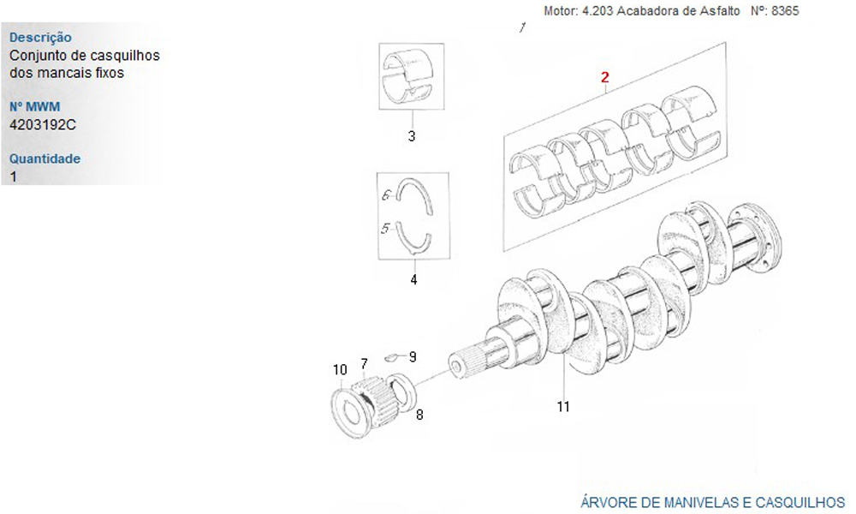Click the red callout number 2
604,78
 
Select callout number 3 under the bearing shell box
412,136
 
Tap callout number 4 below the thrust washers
413,279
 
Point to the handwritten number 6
387,194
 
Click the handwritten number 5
385,228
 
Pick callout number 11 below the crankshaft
563,407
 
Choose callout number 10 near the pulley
340,370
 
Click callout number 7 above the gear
364,364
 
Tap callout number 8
419,415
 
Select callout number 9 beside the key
413,356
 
